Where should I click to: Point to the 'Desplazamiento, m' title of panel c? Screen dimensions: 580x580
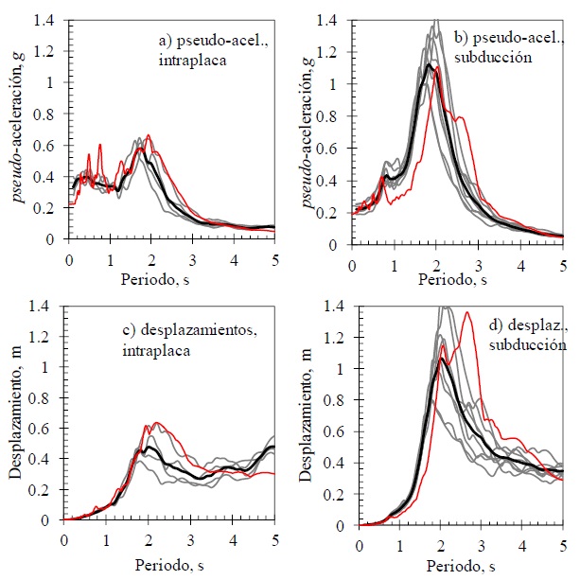pos(19,413)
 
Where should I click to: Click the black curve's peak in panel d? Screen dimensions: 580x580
pos(440,359)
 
